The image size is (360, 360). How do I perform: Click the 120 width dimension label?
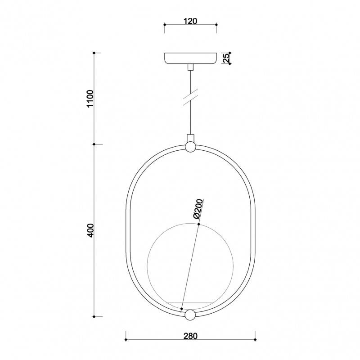coord(190,21)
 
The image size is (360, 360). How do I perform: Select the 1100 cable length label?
coord(90,99)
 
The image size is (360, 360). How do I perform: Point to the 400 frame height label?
coord(90,230)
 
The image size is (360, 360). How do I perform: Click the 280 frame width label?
coord(190,336)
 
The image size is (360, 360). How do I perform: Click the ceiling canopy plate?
coord(190,58)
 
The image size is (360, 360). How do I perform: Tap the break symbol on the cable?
coord(191,98)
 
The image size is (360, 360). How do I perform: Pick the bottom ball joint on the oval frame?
coord(190,315)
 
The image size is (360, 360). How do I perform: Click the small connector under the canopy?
coord(190,67)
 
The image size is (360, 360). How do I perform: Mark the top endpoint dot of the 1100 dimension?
coord(94,53)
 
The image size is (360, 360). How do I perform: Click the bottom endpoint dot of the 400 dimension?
coord(94,316)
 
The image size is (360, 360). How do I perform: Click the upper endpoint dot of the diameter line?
coord(199,224)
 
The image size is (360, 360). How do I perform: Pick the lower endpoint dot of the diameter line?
coord(181,309)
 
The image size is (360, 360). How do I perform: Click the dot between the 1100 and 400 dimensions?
coord(94,144)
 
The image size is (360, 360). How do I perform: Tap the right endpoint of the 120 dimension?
coord(216,25)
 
